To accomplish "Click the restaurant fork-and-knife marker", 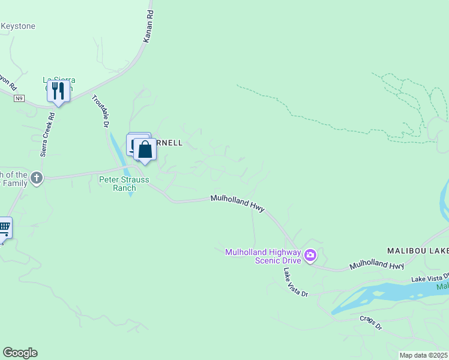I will click(58, 91).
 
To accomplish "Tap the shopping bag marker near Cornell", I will click(145, 149).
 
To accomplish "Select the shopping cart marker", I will click(4, 227).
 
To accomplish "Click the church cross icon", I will click(37, 178).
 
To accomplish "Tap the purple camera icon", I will click(310, 256).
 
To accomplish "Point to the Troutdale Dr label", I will click(99, 111).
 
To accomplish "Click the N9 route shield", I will click(20, 98).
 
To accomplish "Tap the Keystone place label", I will click(18, 26).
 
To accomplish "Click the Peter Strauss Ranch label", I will click(118, 183).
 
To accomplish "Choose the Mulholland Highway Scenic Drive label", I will click(262, 256).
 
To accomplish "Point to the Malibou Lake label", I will click(417, 249).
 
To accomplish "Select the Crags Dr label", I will click(370, 322).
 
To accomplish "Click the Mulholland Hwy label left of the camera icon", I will click(238, 202).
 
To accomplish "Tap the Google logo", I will click(20, 353).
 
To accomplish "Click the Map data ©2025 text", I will click(423, 355).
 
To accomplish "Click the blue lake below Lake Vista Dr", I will click(372, 297).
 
